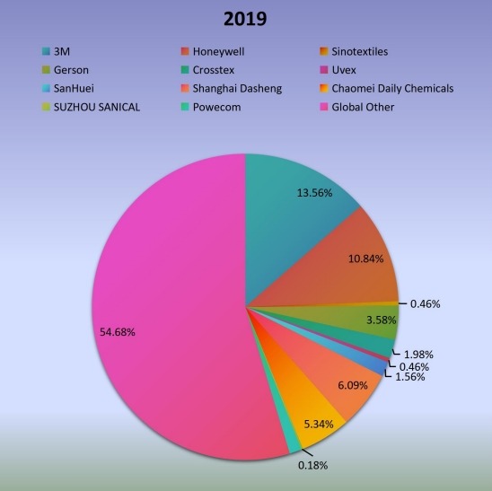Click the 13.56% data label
[x=315, y=192]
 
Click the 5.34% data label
[x=316, y=424]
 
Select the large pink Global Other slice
[x=171, y=296]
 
